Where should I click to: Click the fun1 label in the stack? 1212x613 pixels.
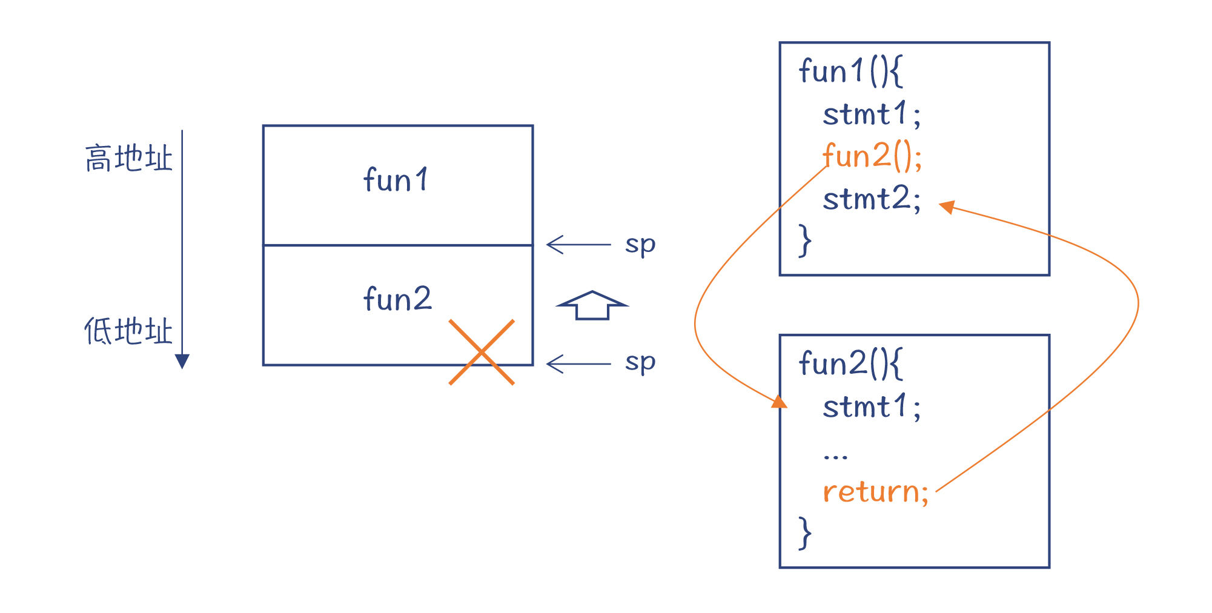pos(396,180)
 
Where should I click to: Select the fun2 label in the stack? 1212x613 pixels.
pos(397,299)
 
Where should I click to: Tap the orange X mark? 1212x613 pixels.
pos(482,352)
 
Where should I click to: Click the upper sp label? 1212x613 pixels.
pos(640,245)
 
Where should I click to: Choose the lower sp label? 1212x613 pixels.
pos(640,363)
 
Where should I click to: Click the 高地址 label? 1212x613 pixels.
pos(128,158)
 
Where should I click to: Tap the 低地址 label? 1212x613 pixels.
pos(128,331)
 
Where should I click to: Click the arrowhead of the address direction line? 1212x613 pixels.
pos(182,362)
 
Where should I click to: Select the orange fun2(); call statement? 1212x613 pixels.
pos(872,156)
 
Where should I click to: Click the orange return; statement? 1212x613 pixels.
pos(875,491)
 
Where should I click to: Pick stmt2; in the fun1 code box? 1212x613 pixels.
pos(872,199)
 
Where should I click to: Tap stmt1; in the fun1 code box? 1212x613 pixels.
pos(872,114)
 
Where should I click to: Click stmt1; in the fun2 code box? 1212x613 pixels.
pos(872,406)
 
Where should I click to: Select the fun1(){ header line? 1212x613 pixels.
pos(850,71)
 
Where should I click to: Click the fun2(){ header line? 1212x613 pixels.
pos(850,363)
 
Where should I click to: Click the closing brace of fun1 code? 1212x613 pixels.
pos(805,240)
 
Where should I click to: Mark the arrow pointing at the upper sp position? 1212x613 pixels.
pos(578,245)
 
